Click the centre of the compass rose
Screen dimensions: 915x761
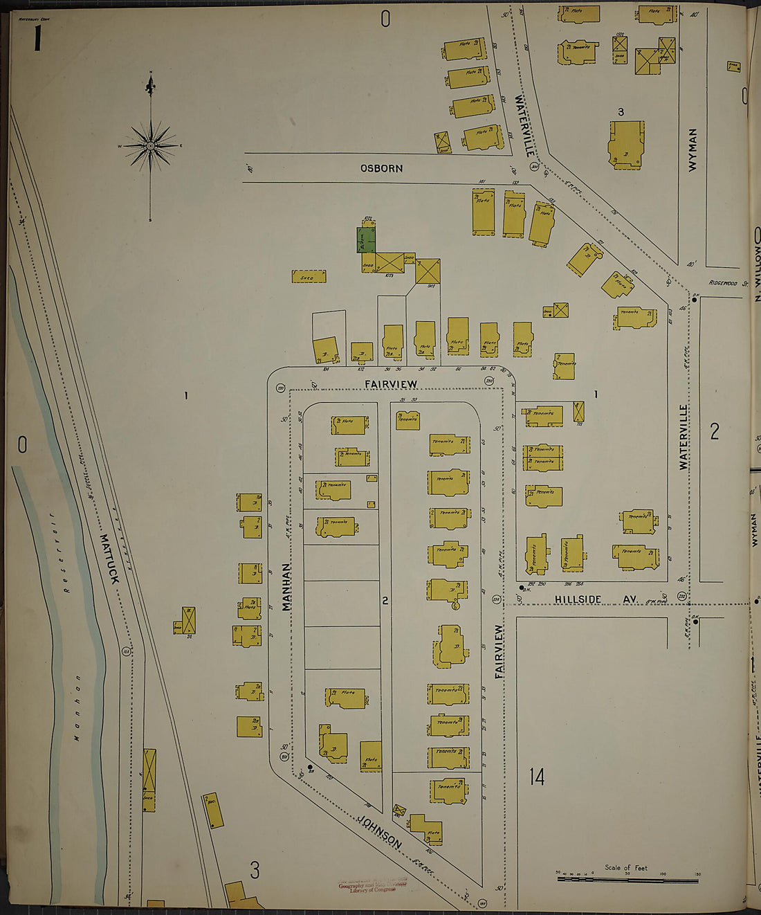(150, 146)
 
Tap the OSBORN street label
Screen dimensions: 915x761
(381, 168)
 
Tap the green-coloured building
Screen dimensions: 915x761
(366, 239)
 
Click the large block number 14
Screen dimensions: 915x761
(537, 777)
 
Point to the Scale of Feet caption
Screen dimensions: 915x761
(625, 867)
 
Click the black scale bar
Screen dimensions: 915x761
(627, 880)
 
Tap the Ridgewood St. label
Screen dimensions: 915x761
(728, 283)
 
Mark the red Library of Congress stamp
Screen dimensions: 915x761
(372, 887)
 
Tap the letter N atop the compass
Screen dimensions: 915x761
(150, 73)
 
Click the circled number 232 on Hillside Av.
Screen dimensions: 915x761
(681, 597)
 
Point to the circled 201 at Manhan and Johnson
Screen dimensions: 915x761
(284, 757)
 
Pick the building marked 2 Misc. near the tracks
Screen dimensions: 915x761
(213, 810)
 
